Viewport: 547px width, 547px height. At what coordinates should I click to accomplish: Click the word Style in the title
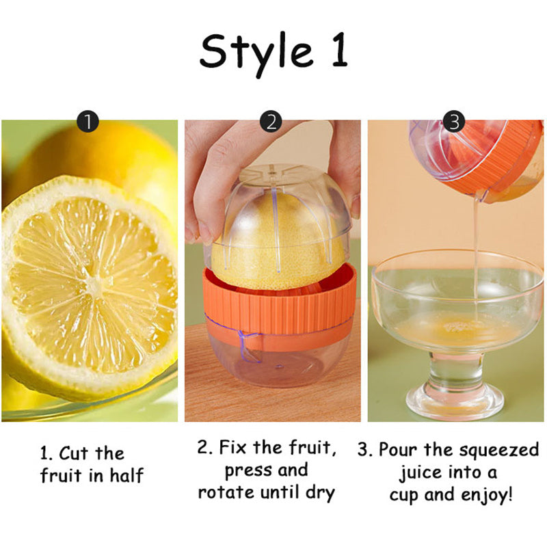click(256, 53)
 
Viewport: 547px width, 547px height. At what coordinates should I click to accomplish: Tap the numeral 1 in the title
click(339, 50)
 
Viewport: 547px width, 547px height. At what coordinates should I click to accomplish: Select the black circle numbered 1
click(88, 122)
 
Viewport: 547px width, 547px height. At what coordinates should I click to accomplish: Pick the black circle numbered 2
click(271, 122)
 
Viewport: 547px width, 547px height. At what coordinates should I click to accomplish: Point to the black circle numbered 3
click(454, 122)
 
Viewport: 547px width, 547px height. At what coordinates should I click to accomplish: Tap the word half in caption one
click(126, 475)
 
